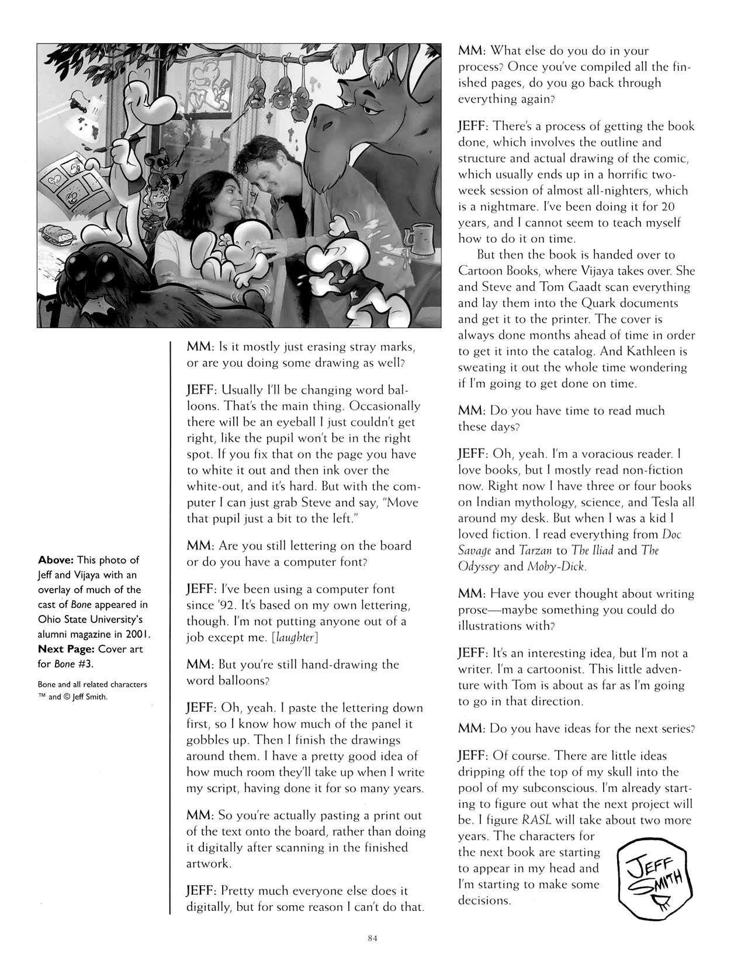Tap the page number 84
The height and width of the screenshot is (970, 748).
point(374,939)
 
